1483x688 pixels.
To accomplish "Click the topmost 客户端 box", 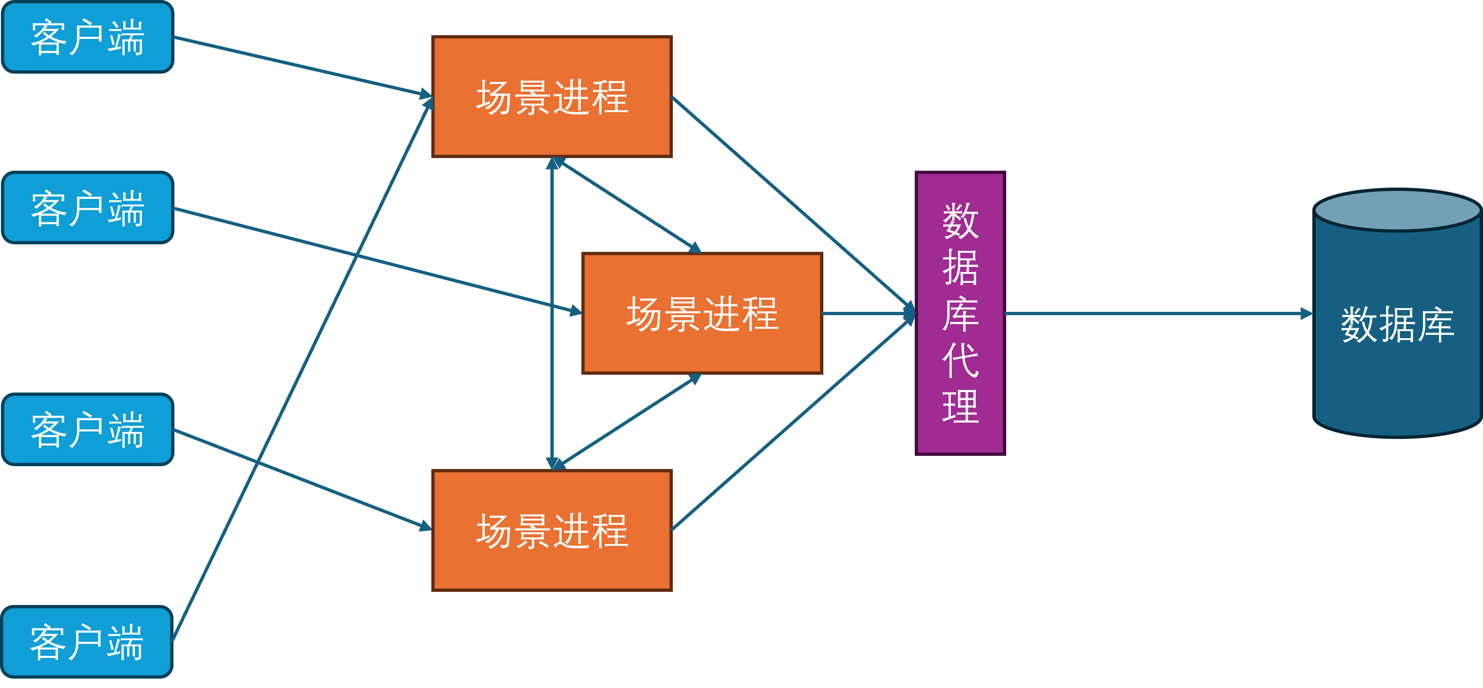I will click(88, 38).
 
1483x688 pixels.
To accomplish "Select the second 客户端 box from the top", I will click(88, 208).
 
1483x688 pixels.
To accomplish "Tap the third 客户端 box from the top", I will click(88, 430).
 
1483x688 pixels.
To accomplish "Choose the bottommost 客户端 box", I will click(87, 642).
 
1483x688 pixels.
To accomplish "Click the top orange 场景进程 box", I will click(551, 97).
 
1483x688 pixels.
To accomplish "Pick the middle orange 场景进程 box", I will click(702, 314).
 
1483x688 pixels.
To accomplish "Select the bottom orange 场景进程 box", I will click(551, 530).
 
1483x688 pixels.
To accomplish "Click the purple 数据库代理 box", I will click(960, 173).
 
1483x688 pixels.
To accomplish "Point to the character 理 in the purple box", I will click(960, 407).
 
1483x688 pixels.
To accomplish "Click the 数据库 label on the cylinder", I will click(1397, 325).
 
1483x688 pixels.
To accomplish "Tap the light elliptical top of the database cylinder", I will click(1397, 211).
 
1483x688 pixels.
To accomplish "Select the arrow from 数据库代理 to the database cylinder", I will click(1157, 314).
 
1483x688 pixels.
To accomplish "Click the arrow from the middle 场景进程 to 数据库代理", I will click(866, 314).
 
